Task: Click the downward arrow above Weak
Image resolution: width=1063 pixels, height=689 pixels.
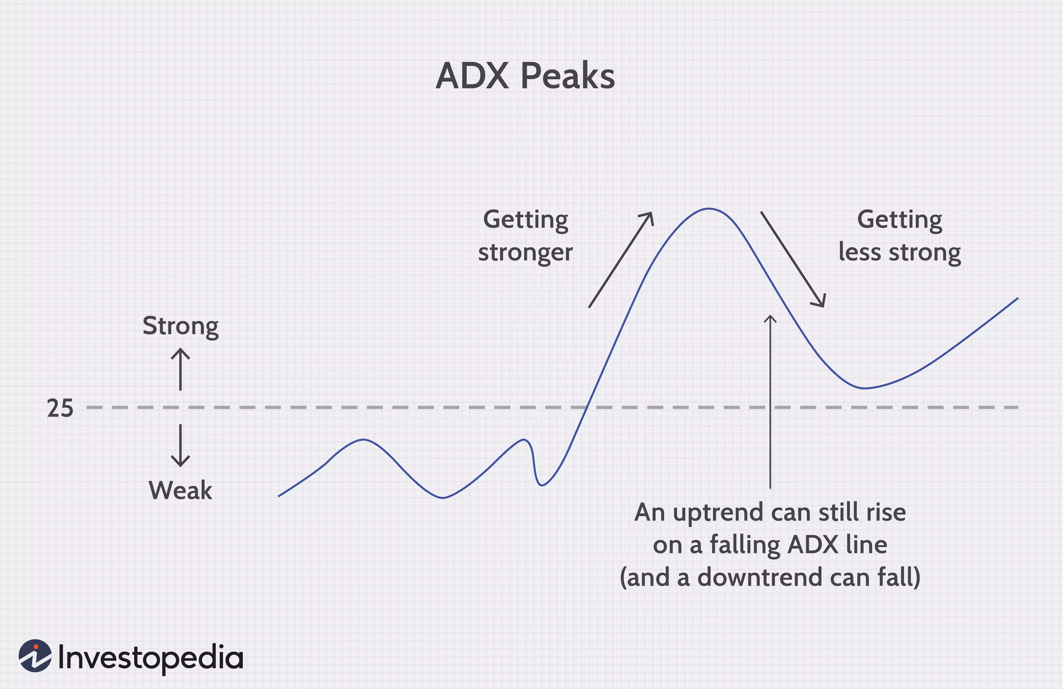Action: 180,445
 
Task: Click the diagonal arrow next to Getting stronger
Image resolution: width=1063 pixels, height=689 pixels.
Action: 621,260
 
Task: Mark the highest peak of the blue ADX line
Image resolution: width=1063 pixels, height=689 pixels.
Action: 709,208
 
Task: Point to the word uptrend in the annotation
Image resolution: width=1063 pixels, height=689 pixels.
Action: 718,513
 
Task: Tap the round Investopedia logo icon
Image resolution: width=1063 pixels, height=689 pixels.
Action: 35,656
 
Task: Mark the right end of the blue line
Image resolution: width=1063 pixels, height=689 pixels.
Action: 1018,298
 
